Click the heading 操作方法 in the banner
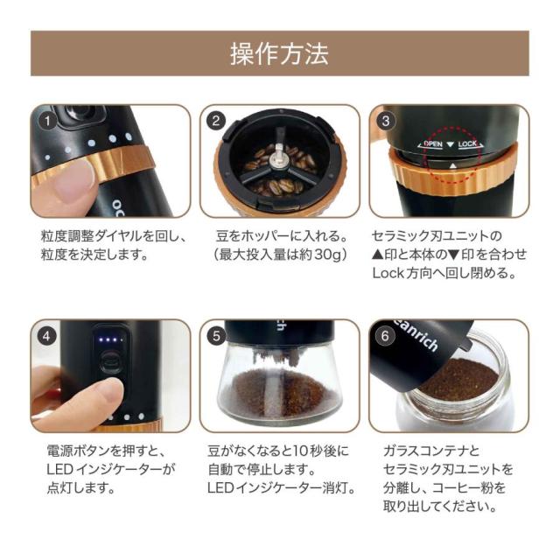tap(279, 53)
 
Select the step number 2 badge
tap(215, 119)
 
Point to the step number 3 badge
tap(385, 119)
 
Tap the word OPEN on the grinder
tap(432, 143)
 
